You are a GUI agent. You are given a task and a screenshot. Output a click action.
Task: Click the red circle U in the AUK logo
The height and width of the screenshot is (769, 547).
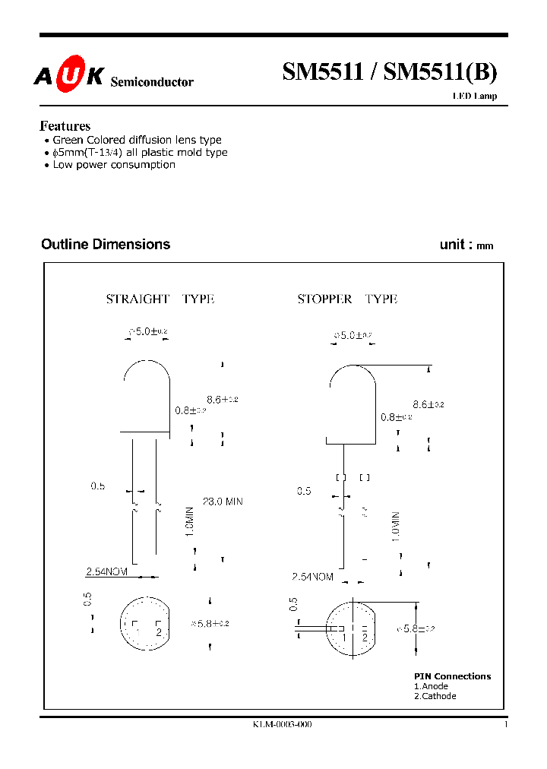point(67,76)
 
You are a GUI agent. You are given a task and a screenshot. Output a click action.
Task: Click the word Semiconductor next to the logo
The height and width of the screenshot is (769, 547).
point(152,82)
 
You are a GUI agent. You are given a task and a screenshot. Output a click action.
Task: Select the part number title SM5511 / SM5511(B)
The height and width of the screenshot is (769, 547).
point(390,72)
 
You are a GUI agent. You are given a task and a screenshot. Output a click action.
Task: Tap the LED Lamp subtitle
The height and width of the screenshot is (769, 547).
point(475,97)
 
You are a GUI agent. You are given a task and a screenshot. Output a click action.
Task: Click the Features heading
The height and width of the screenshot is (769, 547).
point(65,126)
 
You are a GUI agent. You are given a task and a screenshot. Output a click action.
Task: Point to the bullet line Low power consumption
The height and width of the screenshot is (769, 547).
point(114,164)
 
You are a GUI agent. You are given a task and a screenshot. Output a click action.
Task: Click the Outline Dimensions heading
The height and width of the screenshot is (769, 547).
point(106,244)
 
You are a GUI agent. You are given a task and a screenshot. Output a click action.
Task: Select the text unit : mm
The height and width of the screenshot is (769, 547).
point(466,245)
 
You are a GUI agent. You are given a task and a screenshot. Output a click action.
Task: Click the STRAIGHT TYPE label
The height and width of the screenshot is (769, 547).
point(160,299)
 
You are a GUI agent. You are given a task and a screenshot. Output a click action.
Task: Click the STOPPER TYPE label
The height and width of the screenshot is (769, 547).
point(347,299)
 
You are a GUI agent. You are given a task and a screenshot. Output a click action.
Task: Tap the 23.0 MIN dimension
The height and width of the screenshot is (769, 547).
point(223,502)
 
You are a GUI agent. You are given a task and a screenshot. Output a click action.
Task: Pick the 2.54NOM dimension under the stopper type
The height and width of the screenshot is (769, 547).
point(312,578)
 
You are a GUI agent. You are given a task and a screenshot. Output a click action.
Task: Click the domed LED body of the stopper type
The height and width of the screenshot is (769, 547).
point(352,403)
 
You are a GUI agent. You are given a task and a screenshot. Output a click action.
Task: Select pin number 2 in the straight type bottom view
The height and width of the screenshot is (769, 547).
point(158,631)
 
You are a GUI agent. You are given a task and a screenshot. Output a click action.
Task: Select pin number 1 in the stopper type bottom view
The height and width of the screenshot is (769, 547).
point(344,638)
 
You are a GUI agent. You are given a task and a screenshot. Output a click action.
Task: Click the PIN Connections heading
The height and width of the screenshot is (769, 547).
point(452,676)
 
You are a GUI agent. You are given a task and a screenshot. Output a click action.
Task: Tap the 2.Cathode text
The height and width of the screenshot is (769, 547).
point(435,696)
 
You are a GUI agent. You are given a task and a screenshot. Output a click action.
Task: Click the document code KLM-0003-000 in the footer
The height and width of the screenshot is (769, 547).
point(282,725)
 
